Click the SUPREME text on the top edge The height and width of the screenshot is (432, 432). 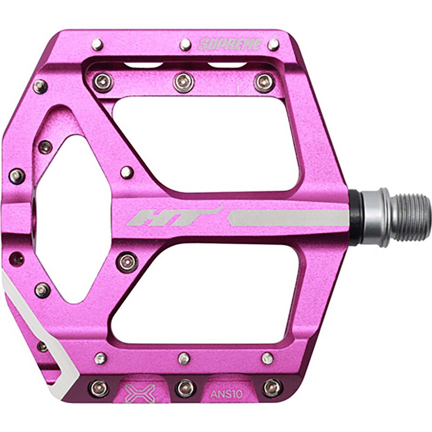[230, 44]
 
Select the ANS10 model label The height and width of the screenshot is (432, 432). [227, 394]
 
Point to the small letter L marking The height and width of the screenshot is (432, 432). [240, 90]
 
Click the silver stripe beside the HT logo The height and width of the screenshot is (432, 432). [288, 218]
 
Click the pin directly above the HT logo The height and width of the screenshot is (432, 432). [127, 173]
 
